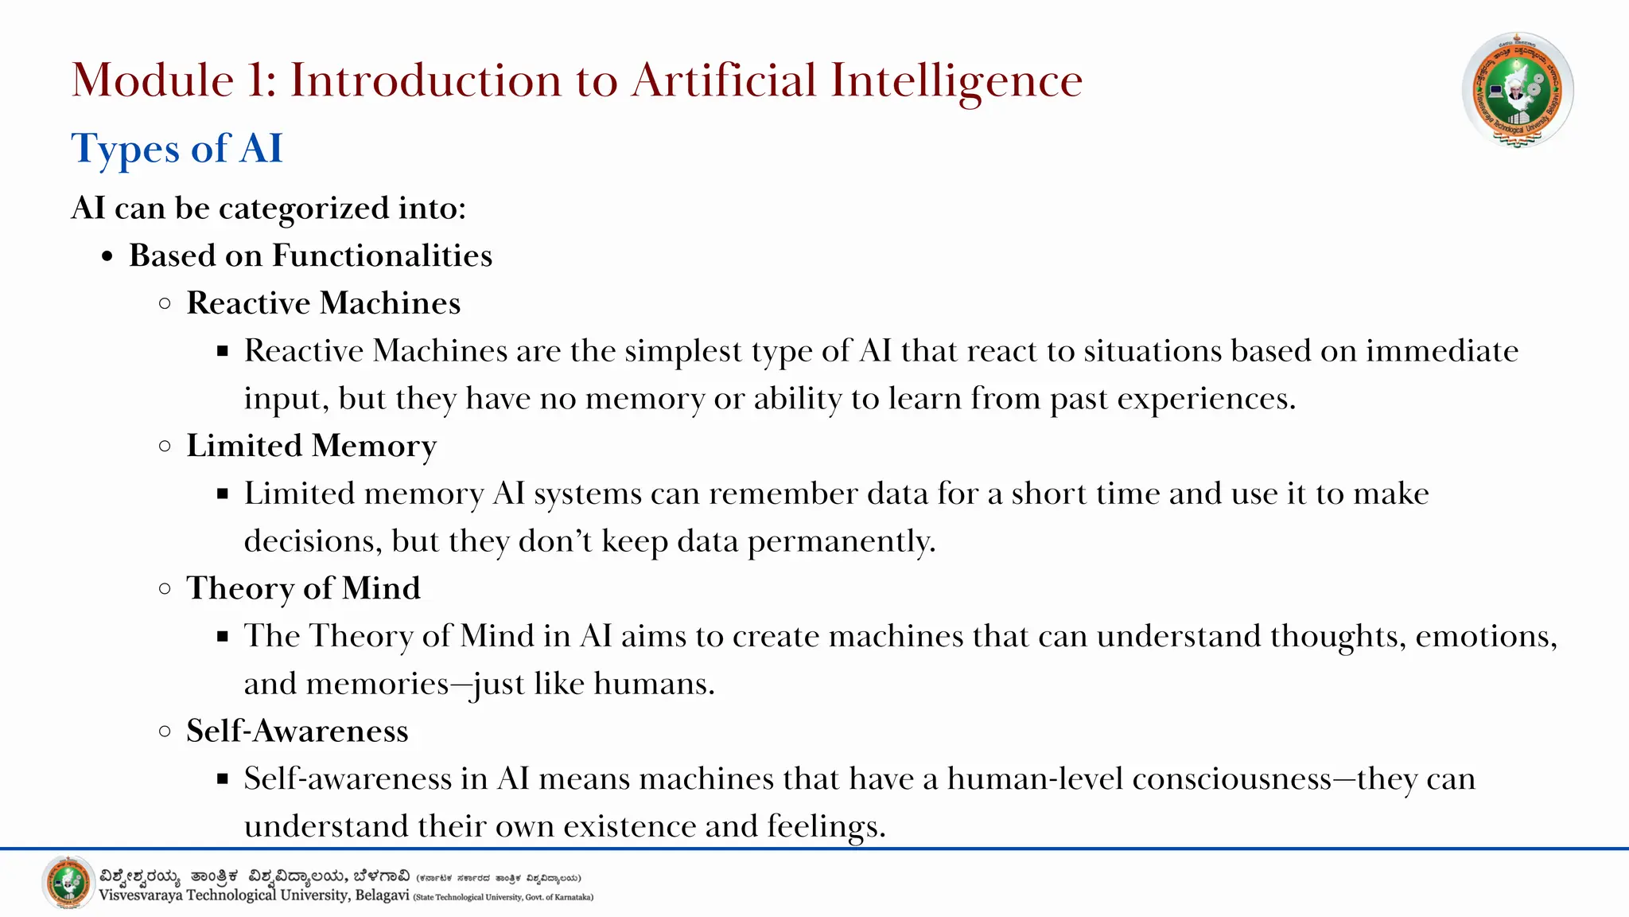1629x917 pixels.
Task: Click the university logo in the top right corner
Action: pyautogui.click(x=1518, y=90)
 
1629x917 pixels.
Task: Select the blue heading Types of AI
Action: pyautogui.click(x=177, y=149)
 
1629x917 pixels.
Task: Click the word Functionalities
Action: pyautogui.click(x=382, y=256)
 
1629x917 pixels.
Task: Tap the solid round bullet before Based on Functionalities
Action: pyautogui.click(x=108, y=257)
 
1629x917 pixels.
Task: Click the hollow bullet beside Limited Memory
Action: pyautogui.click(x=165, y=446)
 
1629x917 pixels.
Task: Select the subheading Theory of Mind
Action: pyautogui.click(x=303, y=588)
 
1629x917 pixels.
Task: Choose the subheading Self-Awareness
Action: pyautogui.click(x=297, y=731)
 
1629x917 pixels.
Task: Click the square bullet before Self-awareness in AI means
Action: pyautogui.click(x=223, y=778)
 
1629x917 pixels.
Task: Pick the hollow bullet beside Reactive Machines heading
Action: pyautogui.click(x=165, y=303)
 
